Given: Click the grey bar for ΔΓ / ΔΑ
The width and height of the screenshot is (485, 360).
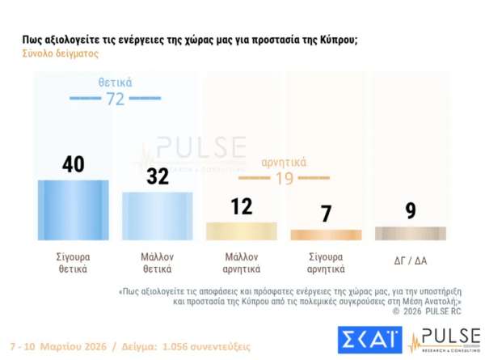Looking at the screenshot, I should click(x=411, y=233).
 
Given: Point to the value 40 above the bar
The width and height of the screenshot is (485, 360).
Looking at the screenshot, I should click(x=74, y=164).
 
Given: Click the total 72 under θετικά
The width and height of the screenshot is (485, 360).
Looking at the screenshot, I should click(x=116, y=99).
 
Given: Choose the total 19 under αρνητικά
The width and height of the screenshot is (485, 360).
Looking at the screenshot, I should click(x=284, y=178).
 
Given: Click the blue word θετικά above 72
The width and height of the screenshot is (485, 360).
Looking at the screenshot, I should click(x=116, y=83).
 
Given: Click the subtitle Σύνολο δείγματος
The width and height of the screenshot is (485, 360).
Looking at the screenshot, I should click(x=54, y=54).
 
